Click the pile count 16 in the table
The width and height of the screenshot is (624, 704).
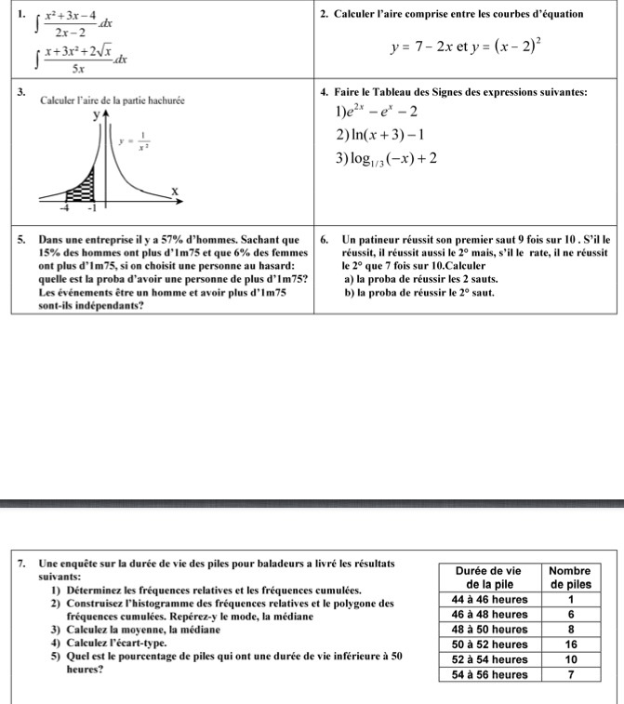click(571, 644)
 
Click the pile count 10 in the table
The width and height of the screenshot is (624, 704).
click(571, 659)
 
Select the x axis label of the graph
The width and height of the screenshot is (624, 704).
click(174, 190)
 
